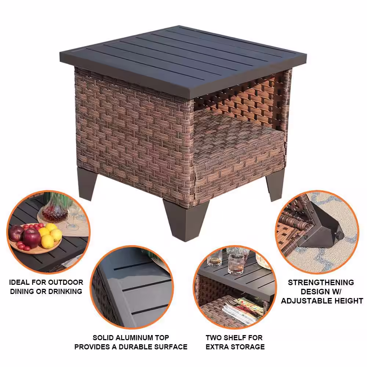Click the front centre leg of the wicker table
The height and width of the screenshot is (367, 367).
186,220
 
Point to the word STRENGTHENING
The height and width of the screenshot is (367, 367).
321,283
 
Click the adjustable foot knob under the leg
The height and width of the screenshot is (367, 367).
340,235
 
